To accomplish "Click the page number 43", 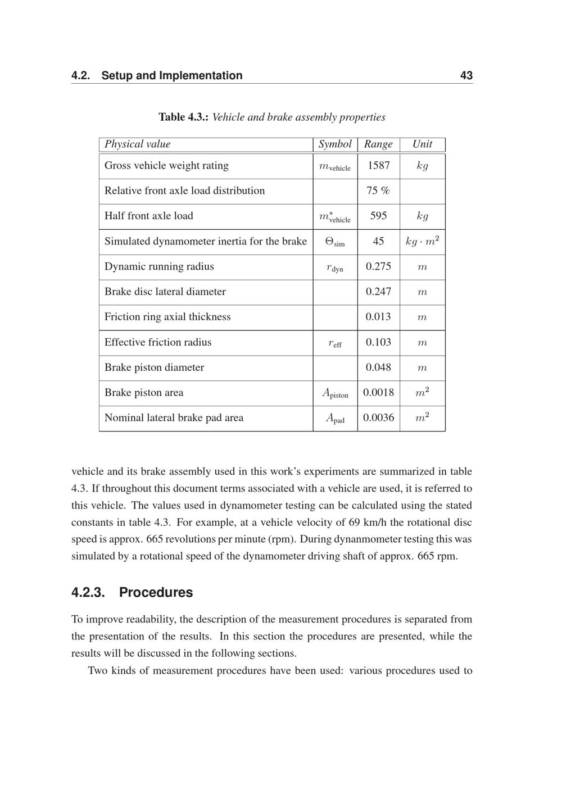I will click(x=466, y=76).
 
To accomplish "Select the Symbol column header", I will click(x=335, y=144).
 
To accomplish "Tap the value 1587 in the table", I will click(x=378, y=166).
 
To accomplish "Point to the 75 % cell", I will click(x=378, y=191).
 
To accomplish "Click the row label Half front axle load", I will click(x=148, y=216).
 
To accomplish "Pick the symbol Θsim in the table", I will click(x=335, y=242).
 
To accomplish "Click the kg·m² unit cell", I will click(x=422, y=241).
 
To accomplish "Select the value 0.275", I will click(x=378, y=266).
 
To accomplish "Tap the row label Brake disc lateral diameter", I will click(x=165, y=292).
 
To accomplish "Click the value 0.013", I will click(x=378, y=317).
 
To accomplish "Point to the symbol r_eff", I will click(x=334, y=343).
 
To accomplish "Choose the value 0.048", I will click(x=378, y=367).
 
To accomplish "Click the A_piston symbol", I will click(x=335, y=393).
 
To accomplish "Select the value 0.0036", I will click(x=378, y=418).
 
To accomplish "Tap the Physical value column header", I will click(x=137, y=144).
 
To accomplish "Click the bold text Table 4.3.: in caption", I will click(x=184, y=117).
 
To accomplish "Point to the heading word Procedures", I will click(x=156, y=593).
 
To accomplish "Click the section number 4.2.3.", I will click(x=88, y=593).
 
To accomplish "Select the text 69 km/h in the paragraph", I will click(x=368, y=523).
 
